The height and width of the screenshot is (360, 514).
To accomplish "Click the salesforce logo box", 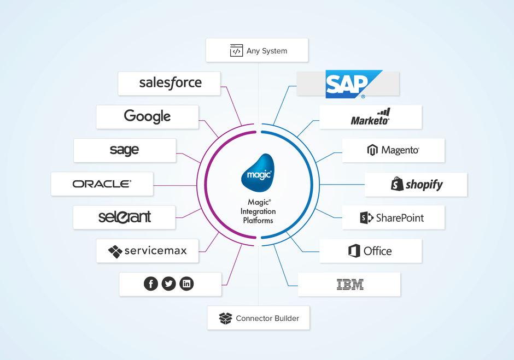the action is [x=169, y=84].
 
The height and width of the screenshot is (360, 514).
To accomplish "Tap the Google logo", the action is [x=147, y=116].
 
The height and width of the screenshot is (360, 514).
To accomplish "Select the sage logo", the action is [x=124, y=150].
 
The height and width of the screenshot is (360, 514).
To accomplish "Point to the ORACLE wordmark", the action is [x=102, y=184].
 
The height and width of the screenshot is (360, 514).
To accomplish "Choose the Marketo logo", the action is [x=370, y=117].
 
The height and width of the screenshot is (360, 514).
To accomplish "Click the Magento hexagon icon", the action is [x=372, y=150].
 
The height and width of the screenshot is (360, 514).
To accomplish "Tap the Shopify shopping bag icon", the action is [x=397, y=184].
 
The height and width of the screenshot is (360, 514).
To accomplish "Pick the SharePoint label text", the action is [x=400, y=218].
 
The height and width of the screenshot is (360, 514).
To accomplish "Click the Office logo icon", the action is [x=354, y=251].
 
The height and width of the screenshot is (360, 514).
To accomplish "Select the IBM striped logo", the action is [x=350, y=284].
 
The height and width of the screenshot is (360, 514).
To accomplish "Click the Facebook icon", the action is [x=151, y=284].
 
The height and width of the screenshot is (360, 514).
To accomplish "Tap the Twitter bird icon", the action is [x=168, y=284].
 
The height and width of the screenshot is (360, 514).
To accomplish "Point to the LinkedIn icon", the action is [x=186, y=284].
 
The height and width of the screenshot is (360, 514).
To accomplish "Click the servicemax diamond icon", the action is [x=115, y=252].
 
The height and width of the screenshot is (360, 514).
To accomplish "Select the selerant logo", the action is [x=125, y=217].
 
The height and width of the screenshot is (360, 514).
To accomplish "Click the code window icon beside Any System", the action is [x=236, y=50].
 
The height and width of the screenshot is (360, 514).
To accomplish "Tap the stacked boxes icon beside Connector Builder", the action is [x=225, y=318].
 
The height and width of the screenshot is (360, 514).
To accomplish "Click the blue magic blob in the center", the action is [x=258, y=173].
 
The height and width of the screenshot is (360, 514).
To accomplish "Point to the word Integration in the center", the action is [x=258, y=211].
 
